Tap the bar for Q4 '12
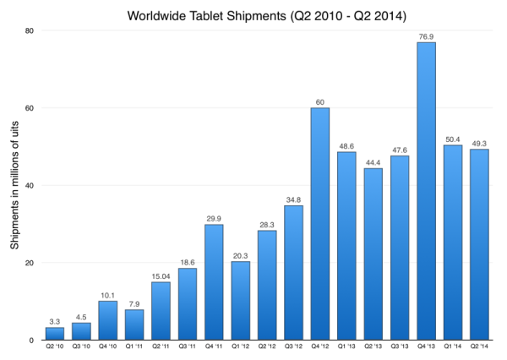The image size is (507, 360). coord(320,224)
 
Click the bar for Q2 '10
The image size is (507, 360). coord(54,333)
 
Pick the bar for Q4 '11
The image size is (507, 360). coord(214,282)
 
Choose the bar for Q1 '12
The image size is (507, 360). coord(240,301)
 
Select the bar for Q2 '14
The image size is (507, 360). coord(479,244)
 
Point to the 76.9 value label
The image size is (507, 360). coord(426,35)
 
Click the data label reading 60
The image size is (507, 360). coord(320,101)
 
